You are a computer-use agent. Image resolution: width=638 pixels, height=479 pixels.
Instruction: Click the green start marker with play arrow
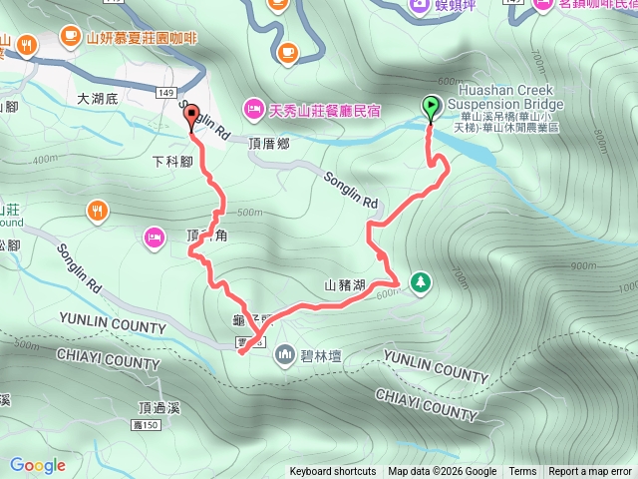coord(430,105)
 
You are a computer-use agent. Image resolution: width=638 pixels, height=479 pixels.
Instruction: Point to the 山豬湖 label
coord(346,284)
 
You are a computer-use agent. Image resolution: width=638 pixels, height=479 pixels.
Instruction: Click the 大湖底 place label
coord(98,99)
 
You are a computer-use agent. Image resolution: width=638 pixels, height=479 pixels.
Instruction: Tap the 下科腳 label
coord(171,161)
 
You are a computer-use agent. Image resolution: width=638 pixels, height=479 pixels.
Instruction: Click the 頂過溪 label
coord(159,407)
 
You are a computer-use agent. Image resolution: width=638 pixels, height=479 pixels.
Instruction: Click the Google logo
coord(38,465)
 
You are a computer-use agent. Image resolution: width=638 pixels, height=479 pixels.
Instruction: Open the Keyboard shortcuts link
coord(333,472)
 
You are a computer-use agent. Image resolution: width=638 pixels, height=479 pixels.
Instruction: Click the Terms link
coord(522,472)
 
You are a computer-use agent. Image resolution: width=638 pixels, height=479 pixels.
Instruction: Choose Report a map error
coord(591,472)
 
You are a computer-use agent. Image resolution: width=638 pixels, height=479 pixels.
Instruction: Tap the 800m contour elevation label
coord(597,134)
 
